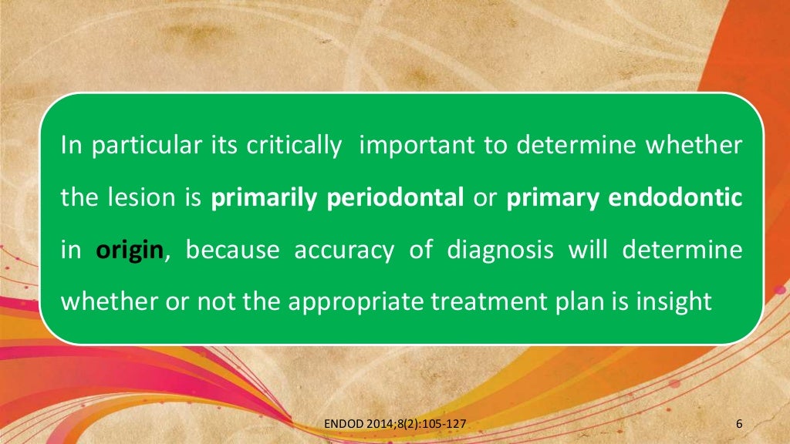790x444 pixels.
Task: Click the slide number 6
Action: coord(740,423)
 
